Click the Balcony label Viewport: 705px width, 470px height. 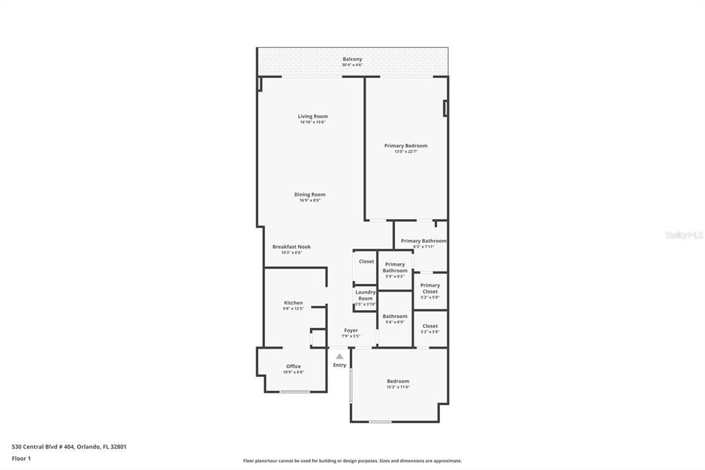(352, 59)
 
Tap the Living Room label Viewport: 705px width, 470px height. (313, 116)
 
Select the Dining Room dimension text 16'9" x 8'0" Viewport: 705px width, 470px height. (310, 201)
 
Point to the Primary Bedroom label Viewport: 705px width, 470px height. (406, 145)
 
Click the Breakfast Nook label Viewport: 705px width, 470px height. (291, 247)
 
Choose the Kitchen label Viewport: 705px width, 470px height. (293, 303)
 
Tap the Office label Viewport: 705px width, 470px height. (293, 366)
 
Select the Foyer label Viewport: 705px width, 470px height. (351, 330)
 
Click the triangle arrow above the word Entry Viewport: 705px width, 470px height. (339, 356)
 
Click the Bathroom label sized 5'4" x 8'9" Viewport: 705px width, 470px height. (395, 316)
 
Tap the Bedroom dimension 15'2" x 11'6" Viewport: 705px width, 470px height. (398, 387)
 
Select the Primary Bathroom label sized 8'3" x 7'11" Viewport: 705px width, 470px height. (423, 241)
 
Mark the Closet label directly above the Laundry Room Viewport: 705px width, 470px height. (366, 261)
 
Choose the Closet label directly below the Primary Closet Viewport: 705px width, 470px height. (430, 326)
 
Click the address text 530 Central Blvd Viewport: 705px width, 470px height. (69, 447)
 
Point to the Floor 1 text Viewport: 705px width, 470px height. (21, 458)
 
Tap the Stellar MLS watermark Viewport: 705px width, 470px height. (684, 235)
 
